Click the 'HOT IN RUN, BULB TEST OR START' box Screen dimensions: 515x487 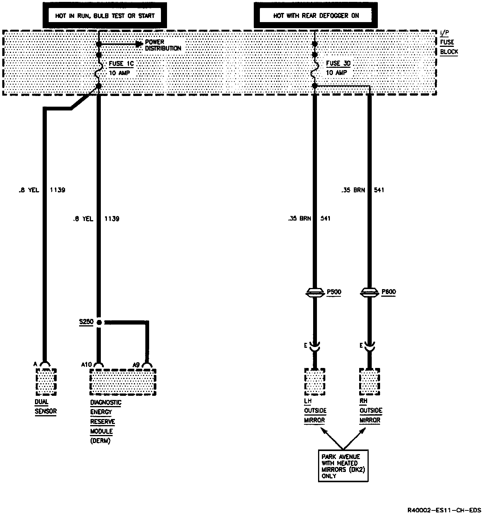point(105,16)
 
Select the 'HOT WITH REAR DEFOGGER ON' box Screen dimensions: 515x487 point(316,16)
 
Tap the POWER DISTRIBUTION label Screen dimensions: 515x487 point(163,45)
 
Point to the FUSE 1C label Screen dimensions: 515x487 point(121,64)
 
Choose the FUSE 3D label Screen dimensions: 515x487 point(338,64)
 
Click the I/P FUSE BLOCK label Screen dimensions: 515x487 point(449,43)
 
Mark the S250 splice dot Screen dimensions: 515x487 point(99,322)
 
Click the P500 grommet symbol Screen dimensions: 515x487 point(315,293)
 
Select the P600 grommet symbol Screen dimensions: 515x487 point(369,293)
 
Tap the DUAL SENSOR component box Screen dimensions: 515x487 point(46,382)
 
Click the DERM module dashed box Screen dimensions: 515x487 point(123,382)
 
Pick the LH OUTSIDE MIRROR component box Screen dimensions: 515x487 point(315,381)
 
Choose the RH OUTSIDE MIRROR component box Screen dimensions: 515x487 point(369,381)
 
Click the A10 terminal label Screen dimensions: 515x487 point(86,365)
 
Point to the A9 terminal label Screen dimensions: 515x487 point(136,365)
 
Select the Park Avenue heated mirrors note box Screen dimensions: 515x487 point(343,466)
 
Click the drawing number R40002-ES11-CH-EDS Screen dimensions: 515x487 point(444,510)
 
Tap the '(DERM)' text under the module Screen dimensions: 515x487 point(100,441)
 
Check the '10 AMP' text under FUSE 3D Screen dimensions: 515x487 point(336,72)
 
